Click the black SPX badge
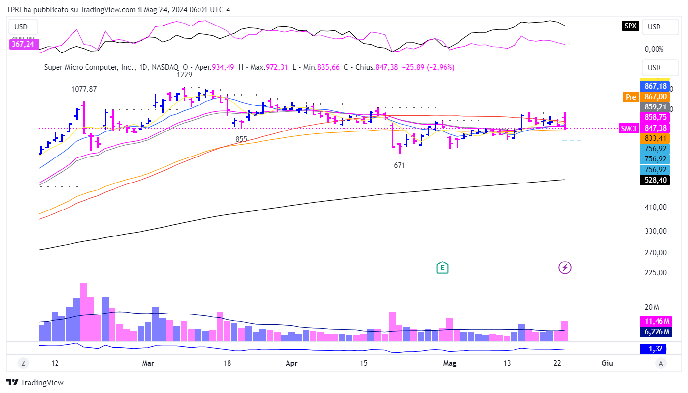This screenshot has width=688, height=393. click(630, 26)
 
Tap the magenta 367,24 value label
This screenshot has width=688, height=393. click(23, 44)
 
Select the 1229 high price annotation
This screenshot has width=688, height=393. click(185, 75)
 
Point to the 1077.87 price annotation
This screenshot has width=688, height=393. click(84, 89)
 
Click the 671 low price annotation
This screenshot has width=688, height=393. click(400, 165)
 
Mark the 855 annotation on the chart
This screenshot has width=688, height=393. click(241, 139)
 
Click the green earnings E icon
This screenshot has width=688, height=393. click(443, 267)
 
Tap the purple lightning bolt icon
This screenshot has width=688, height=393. click(565, 267)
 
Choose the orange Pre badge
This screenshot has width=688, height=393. click(630, 97)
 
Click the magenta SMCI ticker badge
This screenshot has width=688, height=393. click(629, 128)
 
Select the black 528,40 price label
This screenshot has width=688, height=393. click(656, 180)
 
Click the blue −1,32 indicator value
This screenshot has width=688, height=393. click(656, 349)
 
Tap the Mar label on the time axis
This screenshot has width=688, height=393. click(148, 363)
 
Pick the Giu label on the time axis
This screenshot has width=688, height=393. click(607, 363)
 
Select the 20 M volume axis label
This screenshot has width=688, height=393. click(652, 307)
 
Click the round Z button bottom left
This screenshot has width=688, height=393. click(23, 363)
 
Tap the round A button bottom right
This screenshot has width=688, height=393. click(661, 363)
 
